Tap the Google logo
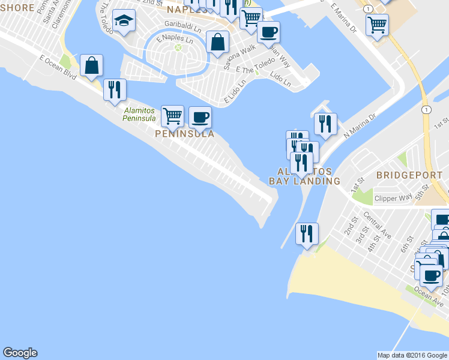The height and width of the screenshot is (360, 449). pos(20,353)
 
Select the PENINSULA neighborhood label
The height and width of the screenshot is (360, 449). pos(184,134)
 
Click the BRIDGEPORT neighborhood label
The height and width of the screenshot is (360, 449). pos(408,175)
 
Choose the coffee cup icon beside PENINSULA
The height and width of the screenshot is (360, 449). pos(200,117)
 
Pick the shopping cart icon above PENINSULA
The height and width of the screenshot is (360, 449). pos(173,115)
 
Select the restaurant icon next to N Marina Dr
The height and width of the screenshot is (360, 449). pos(325,124)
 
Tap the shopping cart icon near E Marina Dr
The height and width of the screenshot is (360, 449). pos(377,25)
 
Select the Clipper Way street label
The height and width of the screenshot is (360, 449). pos(393,197)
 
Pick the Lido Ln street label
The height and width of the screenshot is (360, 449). pos(280,79)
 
